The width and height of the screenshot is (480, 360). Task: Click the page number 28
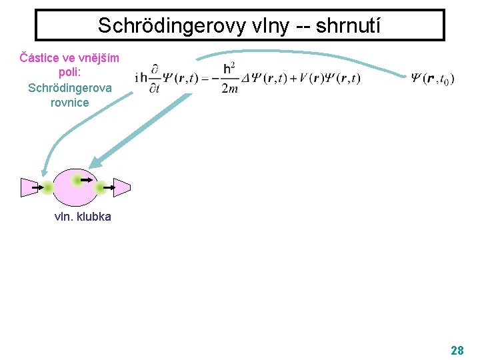tap(457, 350)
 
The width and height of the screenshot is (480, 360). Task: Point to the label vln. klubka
tap(83, 217)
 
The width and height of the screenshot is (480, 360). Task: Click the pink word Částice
tap(41, 58)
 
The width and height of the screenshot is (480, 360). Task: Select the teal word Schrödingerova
tap(70, 87)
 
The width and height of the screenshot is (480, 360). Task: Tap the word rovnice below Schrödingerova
tap(69, 102)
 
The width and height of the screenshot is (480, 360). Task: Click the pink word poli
tap(69, 73)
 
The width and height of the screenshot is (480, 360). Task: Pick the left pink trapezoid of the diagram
tap(30, 188)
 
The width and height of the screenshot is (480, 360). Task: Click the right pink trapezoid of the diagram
tap(121, 187)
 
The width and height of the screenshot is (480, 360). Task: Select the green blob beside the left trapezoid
tap(47, 188)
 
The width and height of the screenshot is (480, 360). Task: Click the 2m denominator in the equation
tap(229, 89)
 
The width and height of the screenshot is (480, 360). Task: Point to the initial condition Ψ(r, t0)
tap(433, 79)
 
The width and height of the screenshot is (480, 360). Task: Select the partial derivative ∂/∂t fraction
tap(155, 79)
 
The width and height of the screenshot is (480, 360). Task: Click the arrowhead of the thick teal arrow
tap(94, 163)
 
